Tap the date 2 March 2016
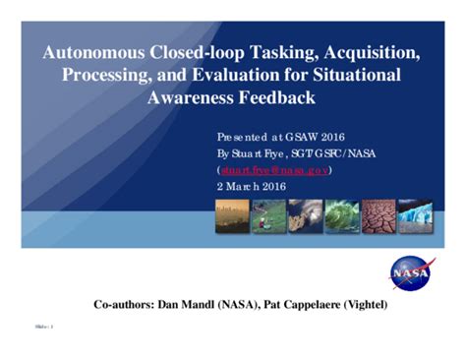tap(250, 186)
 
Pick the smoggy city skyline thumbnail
tap(232, 215)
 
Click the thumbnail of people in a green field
tap(268, 215)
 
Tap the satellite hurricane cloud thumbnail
tap(305, 215)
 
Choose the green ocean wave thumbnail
tap(342, 215)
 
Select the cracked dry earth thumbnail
tap(379, 215)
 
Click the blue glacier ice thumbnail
tap(416, 215)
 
